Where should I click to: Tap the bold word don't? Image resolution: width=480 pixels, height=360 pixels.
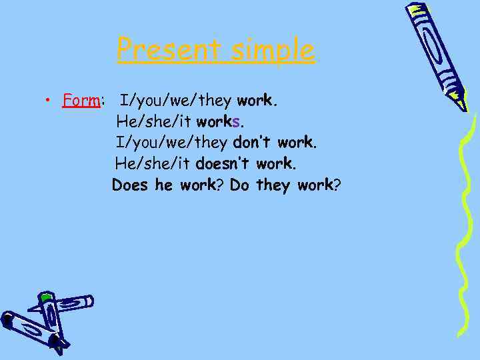[x=253, y=143]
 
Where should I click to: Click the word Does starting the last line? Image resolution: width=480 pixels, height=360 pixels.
[x=131, y=185]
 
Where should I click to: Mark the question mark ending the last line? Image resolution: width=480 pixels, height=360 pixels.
[x=337, y=185]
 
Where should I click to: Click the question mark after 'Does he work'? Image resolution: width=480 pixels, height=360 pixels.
[x=221, y=185]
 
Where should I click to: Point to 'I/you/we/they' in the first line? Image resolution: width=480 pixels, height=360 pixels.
[x=175, y=101]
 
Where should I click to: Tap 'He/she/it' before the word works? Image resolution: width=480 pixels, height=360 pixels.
[x=153, y=122]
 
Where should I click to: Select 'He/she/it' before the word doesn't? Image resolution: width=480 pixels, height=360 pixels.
[x=153, y=163]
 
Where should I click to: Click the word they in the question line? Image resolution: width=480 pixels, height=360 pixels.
[x=273, y=185]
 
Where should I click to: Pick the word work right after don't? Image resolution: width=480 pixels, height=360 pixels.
[x=296, y=143]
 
